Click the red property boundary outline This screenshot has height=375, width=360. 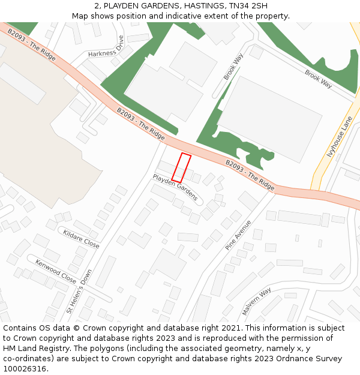tap(182, 168)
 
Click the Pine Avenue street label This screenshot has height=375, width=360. tap(238, 235)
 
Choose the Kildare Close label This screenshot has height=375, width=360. tap(81, 238)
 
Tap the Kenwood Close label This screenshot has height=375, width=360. tap(56, 271)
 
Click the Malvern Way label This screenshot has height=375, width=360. tap(256, 301)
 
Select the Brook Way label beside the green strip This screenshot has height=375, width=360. tap(233, 67)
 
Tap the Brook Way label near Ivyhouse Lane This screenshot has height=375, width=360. tap(318, 79)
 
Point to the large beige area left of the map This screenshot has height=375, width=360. tap(36, 132)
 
